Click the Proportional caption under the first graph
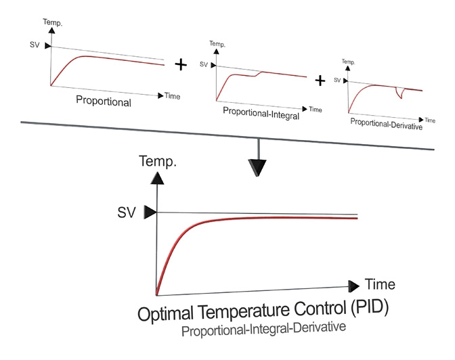pyautogui.click(x=104, y=103)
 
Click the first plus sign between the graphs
pyautogui.click(x=181, y=65)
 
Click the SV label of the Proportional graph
pyautogui.click(x=36, y=46)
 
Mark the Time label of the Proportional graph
pyautogui.click(x=173, y=96)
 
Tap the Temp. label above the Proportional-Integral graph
pyautogui.click(x=217, y=44)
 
